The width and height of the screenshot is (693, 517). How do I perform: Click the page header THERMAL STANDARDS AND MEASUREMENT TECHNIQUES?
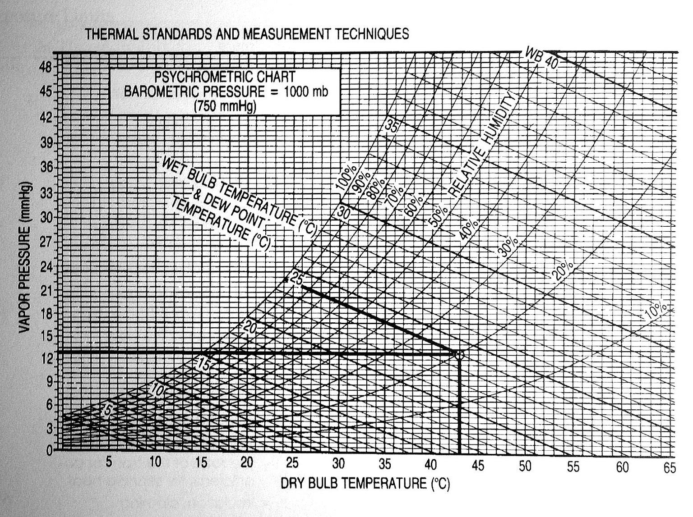click(x=247, y=34)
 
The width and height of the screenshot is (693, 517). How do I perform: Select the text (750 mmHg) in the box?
click(x=225, y=106)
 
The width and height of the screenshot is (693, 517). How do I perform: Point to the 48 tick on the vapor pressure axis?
click(x=47, y=67)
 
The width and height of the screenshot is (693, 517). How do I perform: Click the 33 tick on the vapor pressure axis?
click(x=47, y=193)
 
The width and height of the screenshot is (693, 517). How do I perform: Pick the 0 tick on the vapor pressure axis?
click(x=50, y=450)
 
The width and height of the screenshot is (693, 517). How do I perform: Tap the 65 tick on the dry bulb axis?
click(x=670, y=467)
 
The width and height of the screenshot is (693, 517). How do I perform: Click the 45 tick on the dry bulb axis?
click(x=477, y=465)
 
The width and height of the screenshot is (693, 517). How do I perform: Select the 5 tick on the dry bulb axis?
click(x=109, y=462)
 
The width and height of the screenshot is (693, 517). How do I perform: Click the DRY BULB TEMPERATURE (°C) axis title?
click(x=365, y=484)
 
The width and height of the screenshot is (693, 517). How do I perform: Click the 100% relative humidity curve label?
click(x=346, y=178)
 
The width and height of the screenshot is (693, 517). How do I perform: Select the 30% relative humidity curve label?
click(x=508, y=247)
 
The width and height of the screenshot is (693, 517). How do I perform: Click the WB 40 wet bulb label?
click(x=541, y=57)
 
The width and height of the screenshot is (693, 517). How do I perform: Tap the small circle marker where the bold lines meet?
click(x=459, y=355)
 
